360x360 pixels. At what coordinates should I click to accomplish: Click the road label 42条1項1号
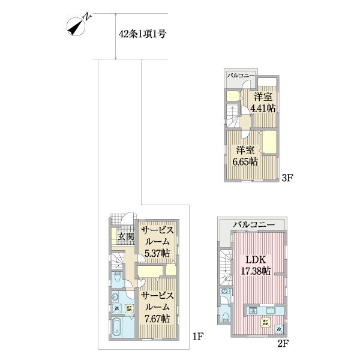(x=143, y=34)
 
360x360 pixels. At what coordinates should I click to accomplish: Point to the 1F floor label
(x=199, y=337)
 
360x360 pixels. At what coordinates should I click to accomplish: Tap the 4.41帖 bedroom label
(x=263, y=103)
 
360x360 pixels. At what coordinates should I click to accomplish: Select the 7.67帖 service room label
(x=158, y=307)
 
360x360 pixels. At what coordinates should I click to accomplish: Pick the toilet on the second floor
(x=225, y=313)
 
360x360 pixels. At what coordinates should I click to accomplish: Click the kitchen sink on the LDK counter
(x=253, y=311)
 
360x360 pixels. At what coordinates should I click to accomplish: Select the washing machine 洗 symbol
(x=117, y=308)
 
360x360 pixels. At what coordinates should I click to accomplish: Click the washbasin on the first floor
(x=115, y=296)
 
